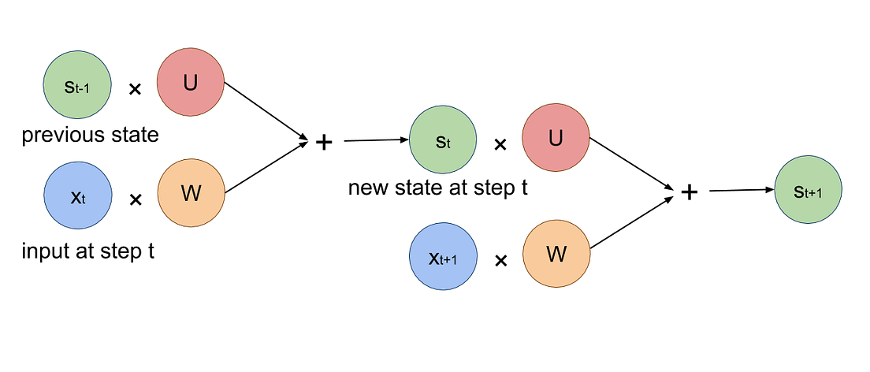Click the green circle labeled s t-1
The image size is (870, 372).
[x=78, y=84]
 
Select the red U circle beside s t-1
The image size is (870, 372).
[x=190, y=82]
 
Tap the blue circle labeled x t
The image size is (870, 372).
[x=78, y=195]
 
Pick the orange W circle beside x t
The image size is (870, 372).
[x=191, y=193]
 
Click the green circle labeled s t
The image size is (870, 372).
[x=443, y=140]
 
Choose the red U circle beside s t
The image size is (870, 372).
[x=556, y=138]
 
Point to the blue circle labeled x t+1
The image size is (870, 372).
[x=443, y=256]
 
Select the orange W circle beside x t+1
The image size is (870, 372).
[x=556, y=254]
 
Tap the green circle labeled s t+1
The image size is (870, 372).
[x=809, y=191]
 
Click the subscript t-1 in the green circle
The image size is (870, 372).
[x=82, y=88]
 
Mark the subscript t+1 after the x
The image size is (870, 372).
[x=448, y=260]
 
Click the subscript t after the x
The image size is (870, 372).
[x=83, y=199]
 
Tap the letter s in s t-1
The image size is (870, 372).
[x=69, y=87]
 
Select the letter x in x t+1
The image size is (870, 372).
[x=433, y=257]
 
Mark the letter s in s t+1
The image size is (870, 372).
[x=798, y=192]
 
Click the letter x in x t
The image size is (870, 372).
[x=76, y=196]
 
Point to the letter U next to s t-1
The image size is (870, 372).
[x=190, y=82]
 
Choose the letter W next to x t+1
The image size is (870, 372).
[x=556, y=254]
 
